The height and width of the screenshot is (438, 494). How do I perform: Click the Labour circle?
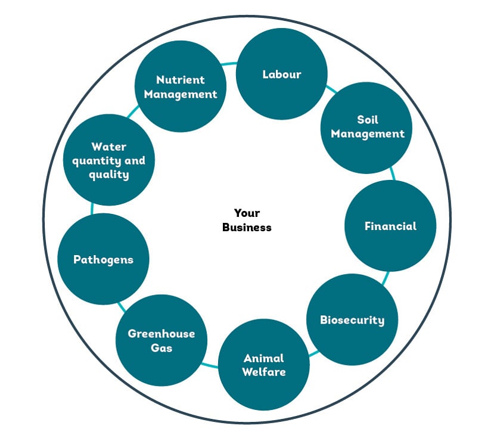coord(281,74)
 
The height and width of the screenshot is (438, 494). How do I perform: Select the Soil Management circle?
coord(366,127)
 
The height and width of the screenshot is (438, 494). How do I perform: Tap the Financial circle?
coord(390,226)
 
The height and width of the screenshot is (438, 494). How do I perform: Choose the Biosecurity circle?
coord(352,320)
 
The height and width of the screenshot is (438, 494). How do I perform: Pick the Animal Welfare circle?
coord(264,365)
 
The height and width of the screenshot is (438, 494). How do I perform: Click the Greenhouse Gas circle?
coord(161,340)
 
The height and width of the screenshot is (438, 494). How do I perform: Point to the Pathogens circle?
coord(103,259)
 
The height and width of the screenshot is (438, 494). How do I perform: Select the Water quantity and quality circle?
coord(108,160)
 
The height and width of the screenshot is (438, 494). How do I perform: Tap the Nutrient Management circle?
coord(180,86)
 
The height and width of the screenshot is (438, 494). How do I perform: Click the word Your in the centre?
coord(247,213)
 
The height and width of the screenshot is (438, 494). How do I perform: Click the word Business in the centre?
coord(247,227)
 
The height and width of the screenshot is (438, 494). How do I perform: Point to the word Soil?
coord(368,120)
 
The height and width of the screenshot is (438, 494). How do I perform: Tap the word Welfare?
coord(264,372)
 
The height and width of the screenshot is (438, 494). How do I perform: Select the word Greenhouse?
coord(161,333)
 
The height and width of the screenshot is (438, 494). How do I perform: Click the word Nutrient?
coord(180,79)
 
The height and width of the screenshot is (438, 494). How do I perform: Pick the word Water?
coord(108,146)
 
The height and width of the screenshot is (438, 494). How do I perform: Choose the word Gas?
coord(161,347)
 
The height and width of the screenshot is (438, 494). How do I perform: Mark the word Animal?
coord(264,358)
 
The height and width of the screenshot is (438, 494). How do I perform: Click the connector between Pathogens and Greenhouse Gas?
coord(122,306)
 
